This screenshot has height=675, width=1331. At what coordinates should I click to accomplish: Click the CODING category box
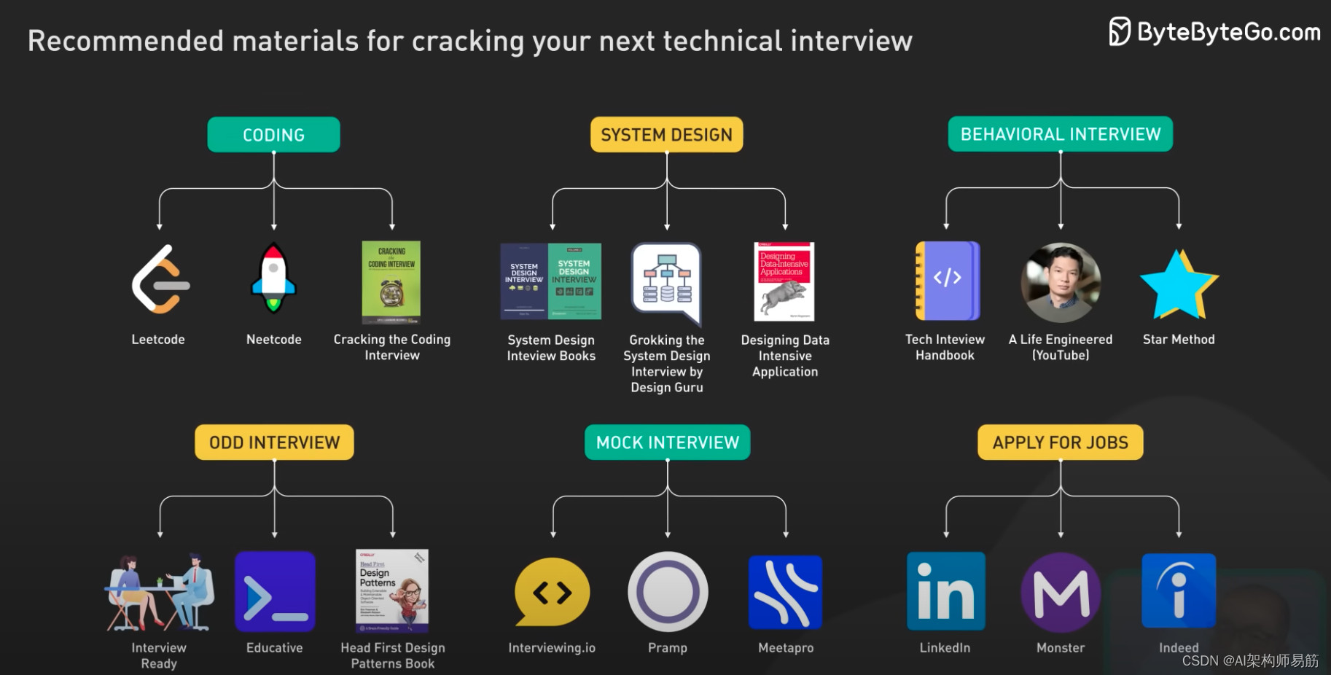[x=273, y=135]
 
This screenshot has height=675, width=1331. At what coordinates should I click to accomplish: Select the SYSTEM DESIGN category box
[x=666, y=135]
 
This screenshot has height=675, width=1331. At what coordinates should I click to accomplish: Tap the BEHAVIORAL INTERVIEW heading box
[x=1060, y=134]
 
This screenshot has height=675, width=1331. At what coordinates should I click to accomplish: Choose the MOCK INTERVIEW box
[x=667, y=442]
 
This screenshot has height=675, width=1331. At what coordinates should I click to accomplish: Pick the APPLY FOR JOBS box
[x=1060, y=442]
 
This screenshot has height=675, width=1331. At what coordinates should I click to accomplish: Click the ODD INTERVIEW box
[x=274, y=442]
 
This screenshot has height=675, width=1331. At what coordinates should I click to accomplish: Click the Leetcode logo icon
[x=160, y=279]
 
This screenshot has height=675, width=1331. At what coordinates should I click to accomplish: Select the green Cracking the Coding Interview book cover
[x=391, y=282]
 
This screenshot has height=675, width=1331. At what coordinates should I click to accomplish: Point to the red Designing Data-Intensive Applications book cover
[x=784, y=281]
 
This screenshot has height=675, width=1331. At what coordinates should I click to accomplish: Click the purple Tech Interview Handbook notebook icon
[x=947, y=281]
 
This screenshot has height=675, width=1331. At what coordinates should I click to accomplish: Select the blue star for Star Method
[x=1178, y=285]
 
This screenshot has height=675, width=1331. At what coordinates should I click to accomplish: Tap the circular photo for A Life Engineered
[x=1061, y=283]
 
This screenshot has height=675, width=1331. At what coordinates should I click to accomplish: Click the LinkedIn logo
[x=945, y=591]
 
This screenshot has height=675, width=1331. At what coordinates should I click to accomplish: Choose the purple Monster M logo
[x=1061, y=592]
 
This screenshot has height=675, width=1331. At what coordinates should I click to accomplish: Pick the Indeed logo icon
[x=1178, y=590]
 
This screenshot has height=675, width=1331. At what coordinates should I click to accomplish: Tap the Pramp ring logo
[x=667, y=591]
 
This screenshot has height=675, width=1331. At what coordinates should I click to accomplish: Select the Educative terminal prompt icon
[x=275, y=591]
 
